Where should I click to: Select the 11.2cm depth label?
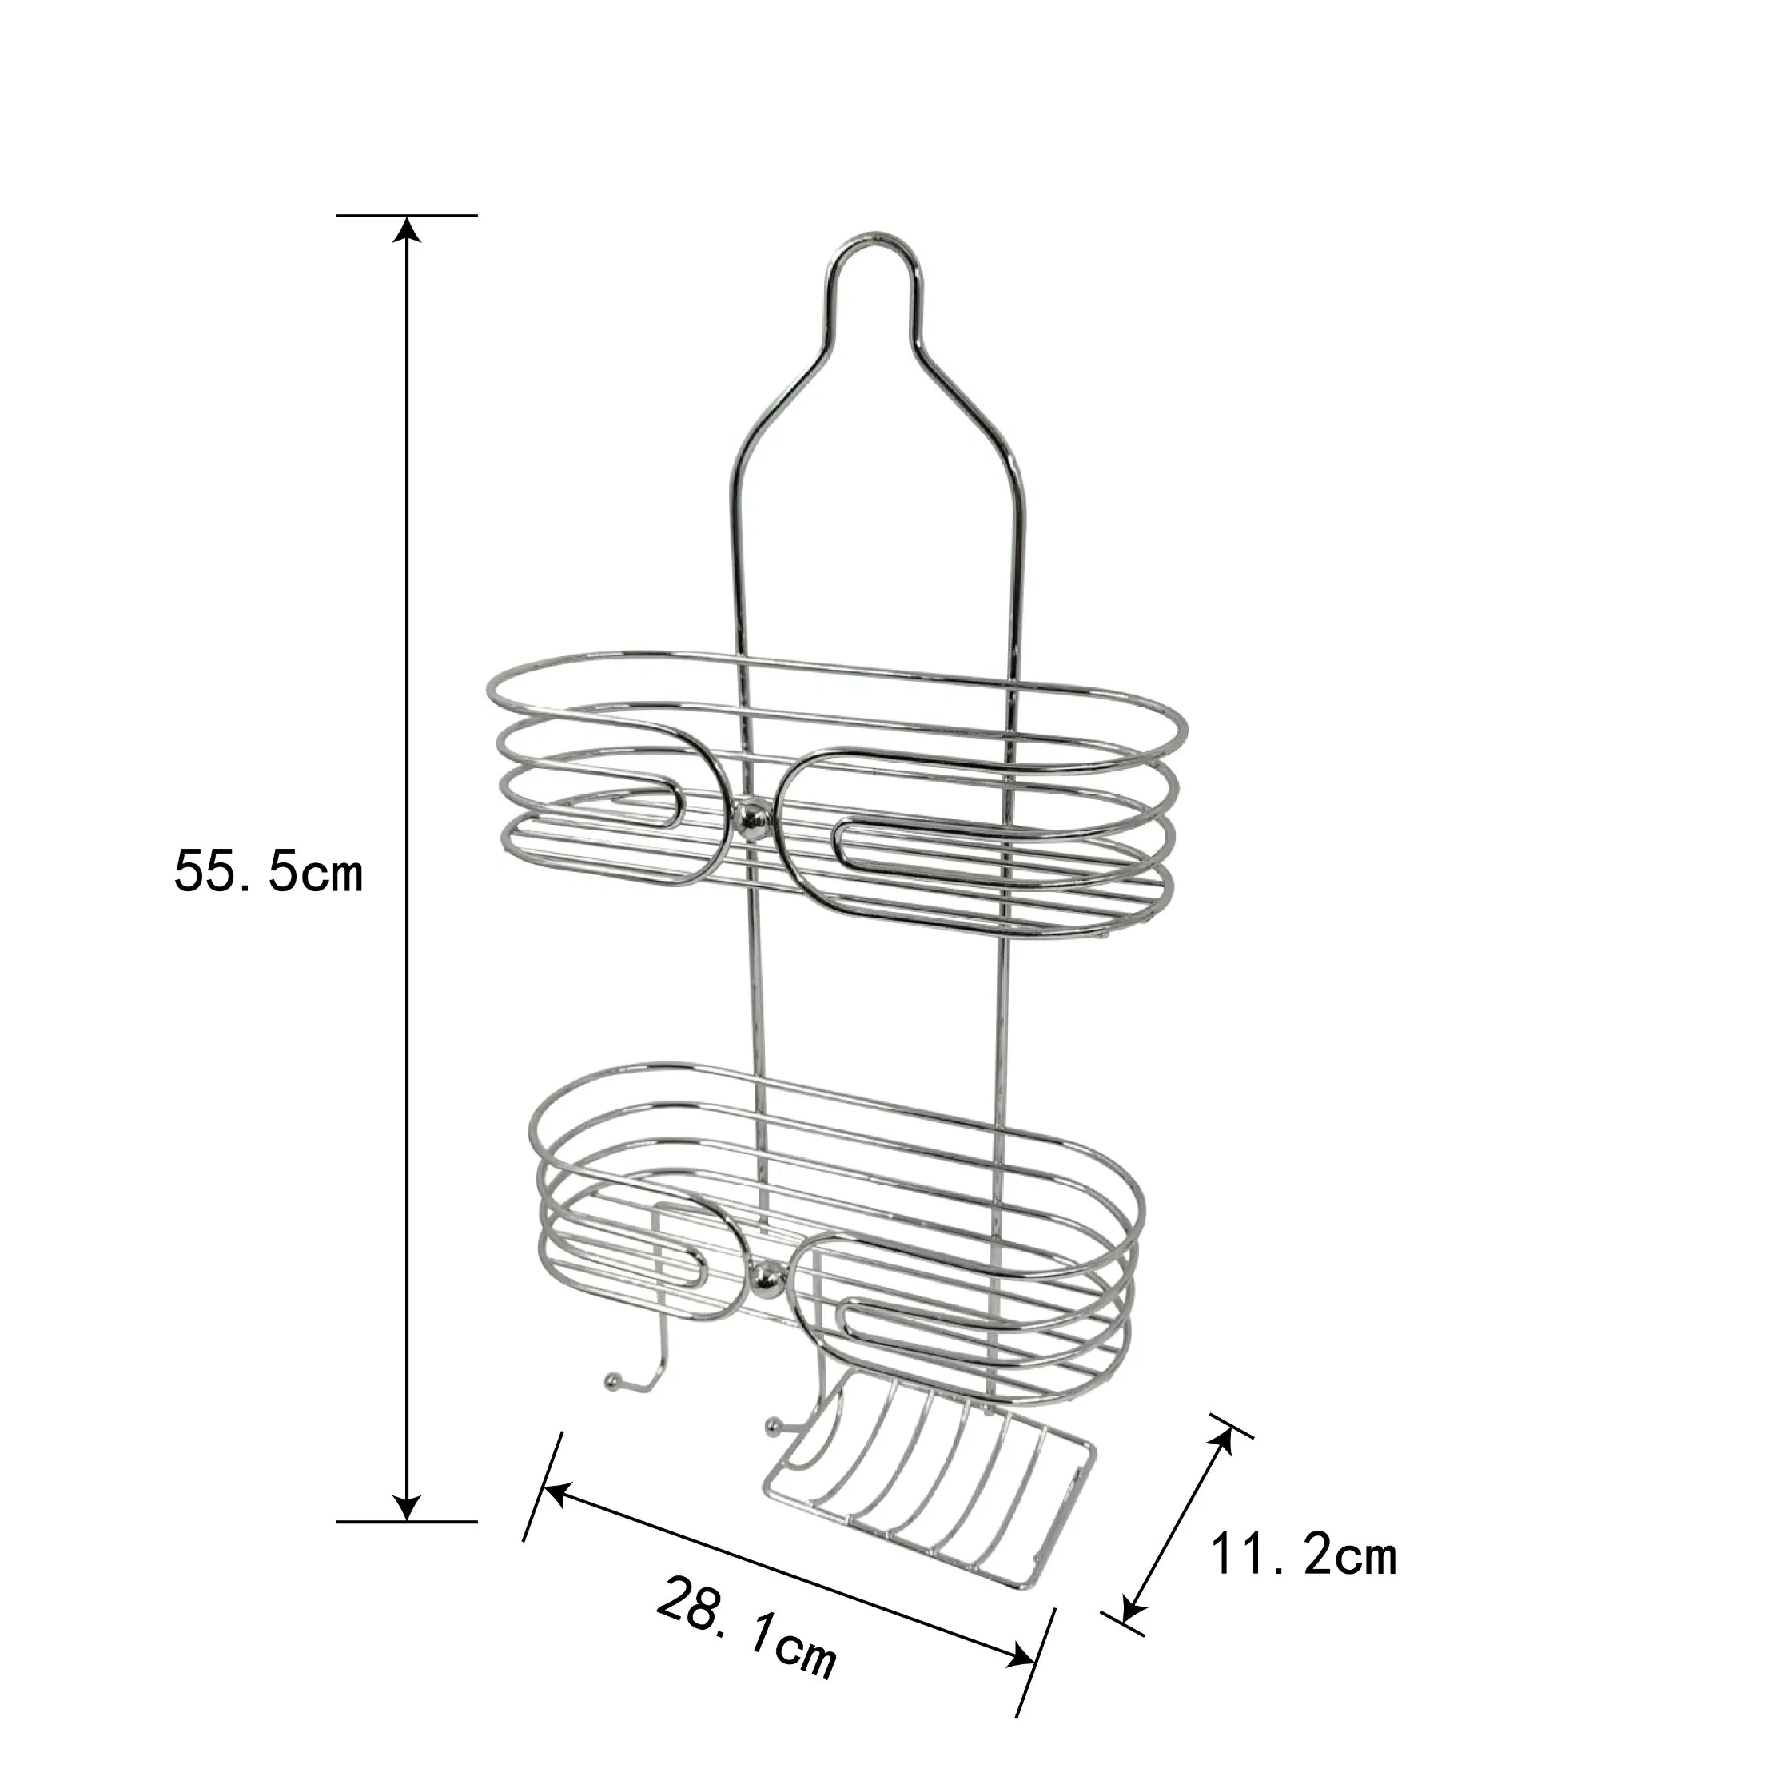click(x=1303, y=1556)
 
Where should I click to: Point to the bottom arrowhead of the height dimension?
click(x=407, y=1507)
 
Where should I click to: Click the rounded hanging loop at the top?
click(x=873, y=268)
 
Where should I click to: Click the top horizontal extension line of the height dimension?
click(x=406, y=215)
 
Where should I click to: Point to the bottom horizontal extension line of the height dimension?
click(x=406, y=1521)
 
